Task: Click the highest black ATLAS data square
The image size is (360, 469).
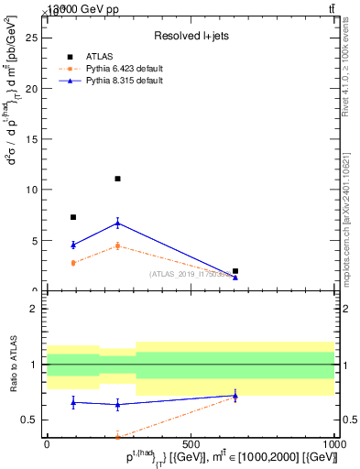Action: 118,179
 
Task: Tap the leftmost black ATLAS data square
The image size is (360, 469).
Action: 73,217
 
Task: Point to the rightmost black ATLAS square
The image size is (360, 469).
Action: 235,271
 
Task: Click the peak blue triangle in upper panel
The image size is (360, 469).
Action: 118,223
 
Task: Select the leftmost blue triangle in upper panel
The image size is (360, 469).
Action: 73,245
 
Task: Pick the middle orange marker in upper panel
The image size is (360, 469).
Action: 118,245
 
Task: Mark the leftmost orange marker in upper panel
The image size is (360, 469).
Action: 73,263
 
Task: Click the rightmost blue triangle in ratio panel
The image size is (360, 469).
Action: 235,396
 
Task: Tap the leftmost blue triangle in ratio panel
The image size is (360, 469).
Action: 73,402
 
